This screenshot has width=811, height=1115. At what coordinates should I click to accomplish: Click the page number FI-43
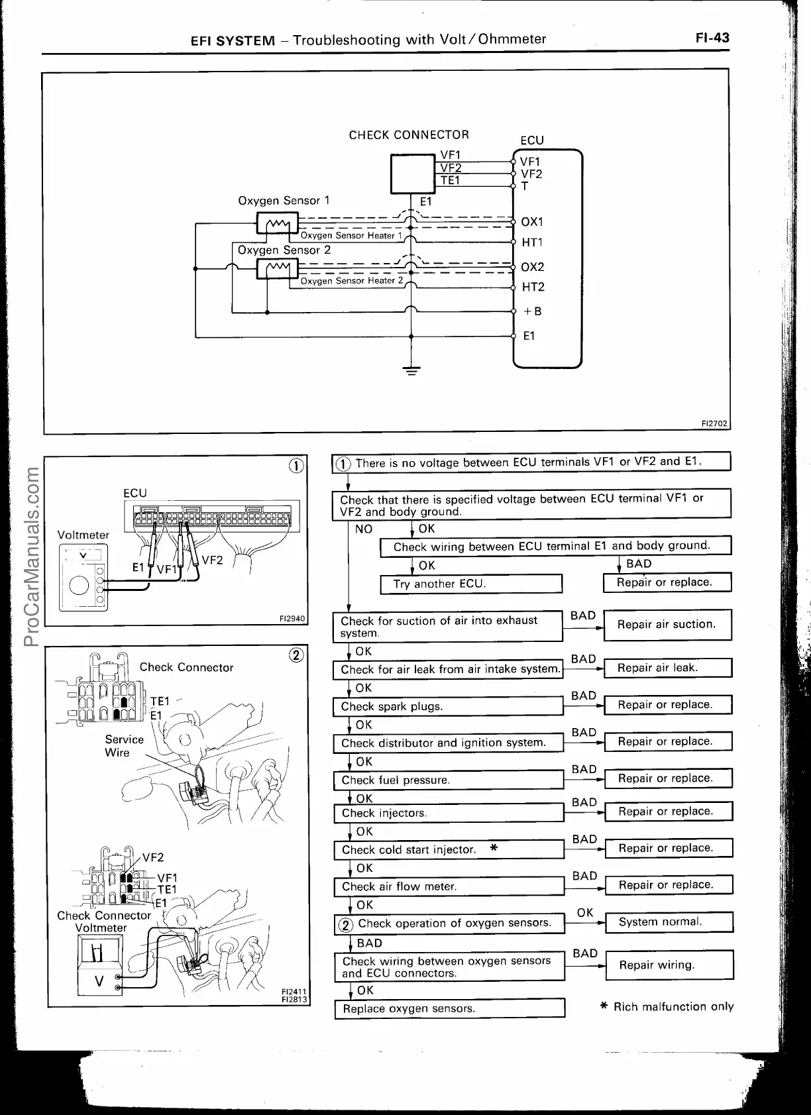(712, 38)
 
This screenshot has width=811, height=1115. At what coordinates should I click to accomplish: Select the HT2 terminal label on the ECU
(533, 287)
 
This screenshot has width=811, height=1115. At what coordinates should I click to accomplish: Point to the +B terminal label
(532, 311)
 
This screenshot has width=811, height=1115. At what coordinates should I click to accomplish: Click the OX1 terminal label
(531, 222)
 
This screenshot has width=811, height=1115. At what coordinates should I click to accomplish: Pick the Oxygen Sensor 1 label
(284, 200)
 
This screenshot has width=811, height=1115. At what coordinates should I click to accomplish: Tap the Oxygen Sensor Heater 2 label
(352, 281)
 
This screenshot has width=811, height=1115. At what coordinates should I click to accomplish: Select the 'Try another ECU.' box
(470, 584)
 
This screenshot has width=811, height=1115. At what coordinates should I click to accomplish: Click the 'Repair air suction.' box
(667, 624)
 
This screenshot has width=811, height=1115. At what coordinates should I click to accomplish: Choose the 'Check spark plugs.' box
(448, 706)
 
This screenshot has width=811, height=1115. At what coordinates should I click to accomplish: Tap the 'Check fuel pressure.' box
(449, 780)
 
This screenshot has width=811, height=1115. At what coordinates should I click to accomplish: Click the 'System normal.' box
(668, 922)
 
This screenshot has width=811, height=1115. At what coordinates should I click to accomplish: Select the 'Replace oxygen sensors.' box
(449, 1008)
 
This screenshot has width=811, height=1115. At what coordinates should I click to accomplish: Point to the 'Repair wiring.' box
(668, 965)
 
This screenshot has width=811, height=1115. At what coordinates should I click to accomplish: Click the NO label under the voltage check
(364, 529)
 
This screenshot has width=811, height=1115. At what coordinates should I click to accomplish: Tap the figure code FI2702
(715, 423)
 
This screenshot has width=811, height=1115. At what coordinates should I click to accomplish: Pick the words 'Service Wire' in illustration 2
(124, 745)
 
